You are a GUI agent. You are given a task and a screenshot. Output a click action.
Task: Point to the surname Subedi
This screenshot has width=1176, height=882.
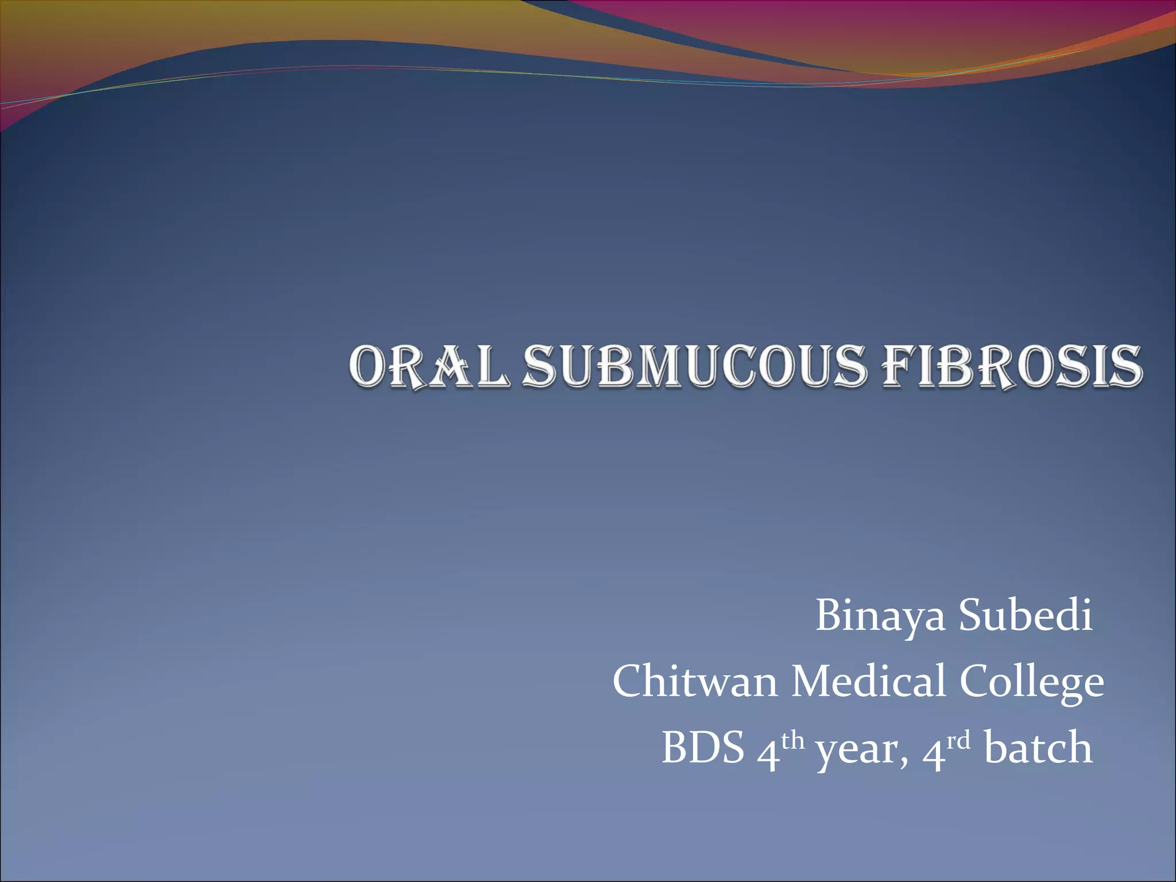click(x=1026, y=615)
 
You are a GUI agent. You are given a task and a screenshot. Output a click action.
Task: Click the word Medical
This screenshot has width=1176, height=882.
click(x=868, y=682)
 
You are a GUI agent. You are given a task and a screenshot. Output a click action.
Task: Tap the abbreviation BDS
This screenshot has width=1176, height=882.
click(x=703, y=748)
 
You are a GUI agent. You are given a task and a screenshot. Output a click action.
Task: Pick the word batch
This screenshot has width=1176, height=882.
click(x=1038, y=748)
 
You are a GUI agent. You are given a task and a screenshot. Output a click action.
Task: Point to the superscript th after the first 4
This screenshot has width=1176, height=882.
click(x=792, y=741)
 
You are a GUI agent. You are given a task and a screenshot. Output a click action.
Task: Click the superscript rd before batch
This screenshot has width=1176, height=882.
click(x=958, y=741)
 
